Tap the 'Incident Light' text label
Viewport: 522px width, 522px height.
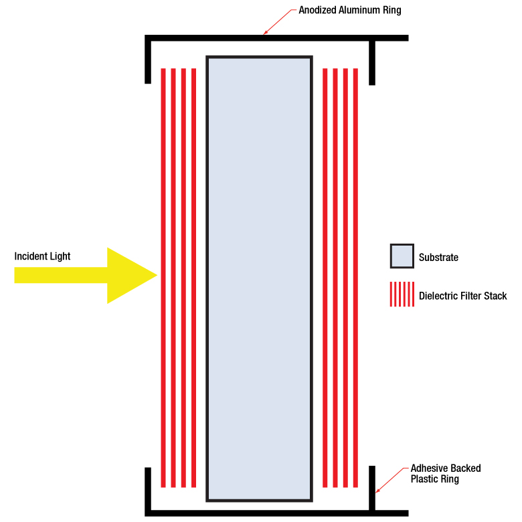[42, 256]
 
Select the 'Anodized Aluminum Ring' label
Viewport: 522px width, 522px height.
[349, 10]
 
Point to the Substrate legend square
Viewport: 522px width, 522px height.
[402, 256]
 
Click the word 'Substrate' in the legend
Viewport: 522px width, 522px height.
[438, 257]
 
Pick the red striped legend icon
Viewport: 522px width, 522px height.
[402, 294]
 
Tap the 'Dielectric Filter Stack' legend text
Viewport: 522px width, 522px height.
[462, 296]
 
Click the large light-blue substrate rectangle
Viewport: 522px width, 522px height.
[259, 278]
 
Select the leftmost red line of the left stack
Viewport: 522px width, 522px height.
[163, 278]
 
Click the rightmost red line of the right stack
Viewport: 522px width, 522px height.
[356, 278]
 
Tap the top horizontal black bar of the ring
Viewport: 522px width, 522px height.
[268, 38]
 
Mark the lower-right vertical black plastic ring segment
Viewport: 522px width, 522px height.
[372, 489]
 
